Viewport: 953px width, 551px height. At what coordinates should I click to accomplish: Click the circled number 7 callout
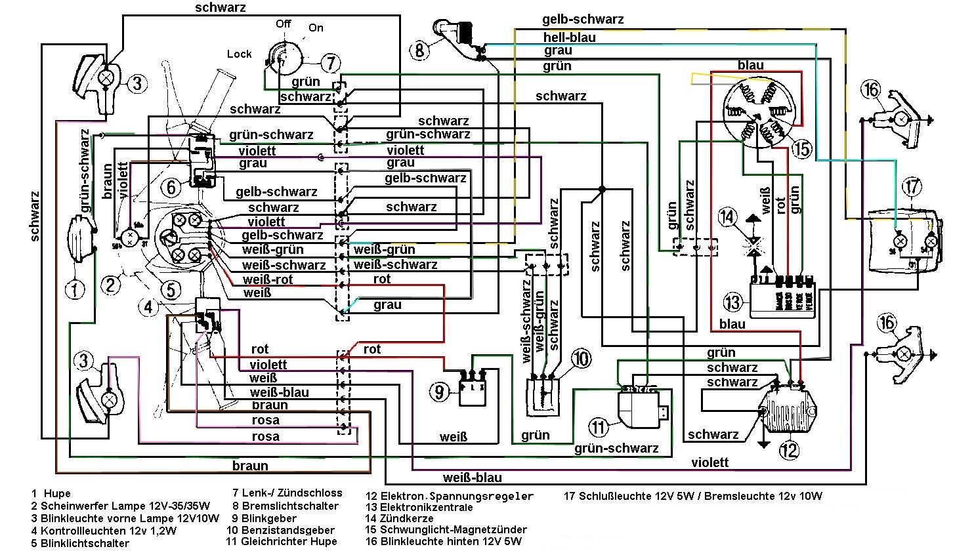331,63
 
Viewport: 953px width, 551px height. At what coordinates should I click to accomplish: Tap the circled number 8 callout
421,49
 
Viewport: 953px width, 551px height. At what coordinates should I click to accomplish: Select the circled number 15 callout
801,149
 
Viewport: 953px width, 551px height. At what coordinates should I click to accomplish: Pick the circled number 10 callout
581,358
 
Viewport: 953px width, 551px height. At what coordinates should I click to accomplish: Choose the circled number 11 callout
599,428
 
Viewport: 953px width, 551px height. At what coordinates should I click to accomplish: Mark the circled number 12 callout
790,449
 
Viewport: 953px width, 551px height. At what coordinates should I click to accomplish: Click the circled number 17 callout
912,186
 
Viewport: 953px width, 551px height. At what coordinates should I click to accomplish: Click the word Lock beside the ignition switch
240,54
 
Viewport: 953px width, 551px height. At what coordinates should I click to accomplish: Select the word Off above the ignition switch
284,24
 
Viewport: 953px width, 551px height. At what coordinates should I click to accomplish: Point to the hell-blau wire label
569,37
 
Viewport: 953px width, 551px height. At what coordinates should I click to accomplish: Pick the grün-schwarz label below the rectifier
616,449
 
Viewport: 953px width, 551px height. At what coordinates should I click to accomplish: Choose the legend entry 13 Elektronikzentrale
419,507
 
